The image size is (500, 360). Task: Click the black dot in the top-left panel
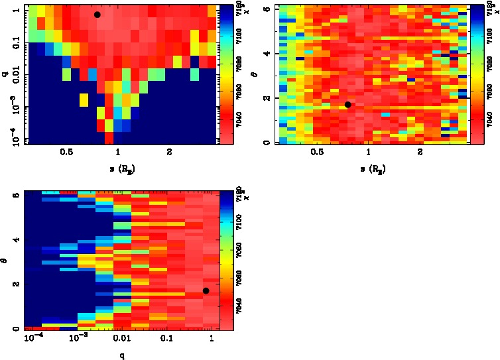(x=97, y=15)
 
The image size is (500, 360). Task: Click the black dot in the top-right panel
(x=347, y=105)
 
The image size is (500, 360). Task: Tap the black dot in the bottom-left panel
(x=206, y=290)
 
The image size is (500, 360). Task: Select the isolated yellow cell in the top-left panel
(x=84, y=100)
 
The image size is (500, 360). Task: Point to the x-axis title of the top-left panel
(x=123, y=170)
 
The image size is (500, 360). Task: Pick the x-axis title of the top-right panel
(x=374, y=170)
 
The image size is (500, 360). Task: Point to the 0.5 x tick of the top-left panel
(x=66, y=152)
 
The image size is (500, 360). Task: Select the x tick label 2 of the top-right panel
(x=421, y=152)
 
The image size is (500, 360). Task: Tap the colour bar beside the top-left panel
(x=224, y=74)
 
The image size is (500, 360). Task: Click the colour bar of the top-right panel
(x=475, y=74)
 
